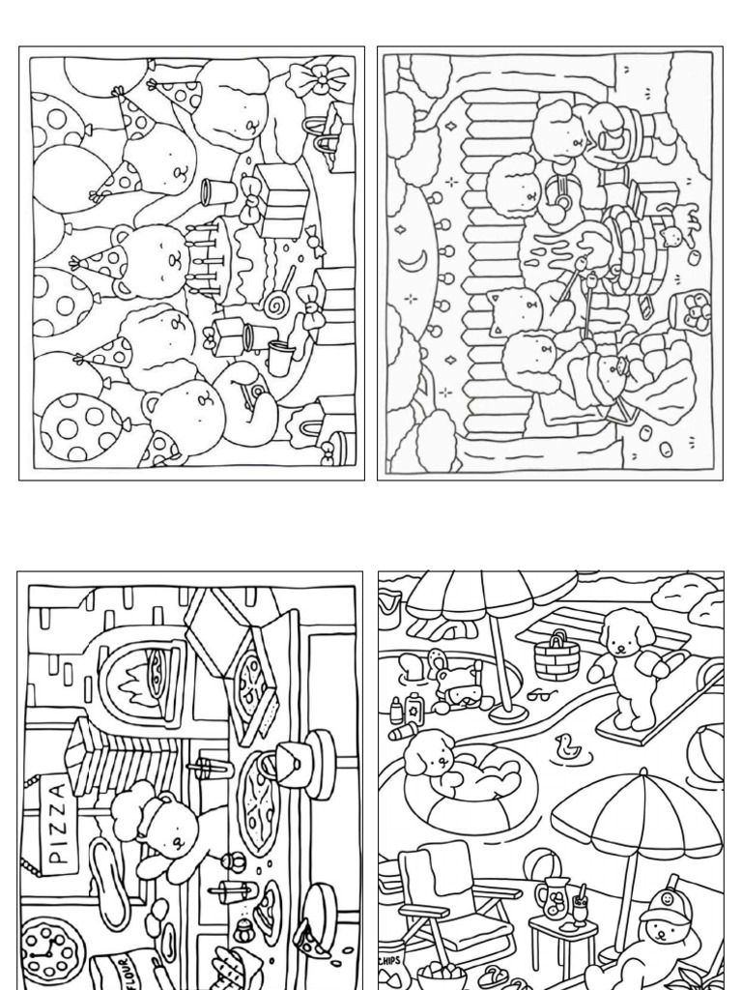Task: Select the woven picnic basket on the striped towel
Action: click(x=557, y=657)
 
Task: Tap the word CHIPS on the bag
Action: click(x=390, y=961)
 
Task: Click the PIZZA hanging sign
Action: click(x=58, y=822)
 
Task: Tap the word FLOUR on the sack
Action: click(x=116, y=972)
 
